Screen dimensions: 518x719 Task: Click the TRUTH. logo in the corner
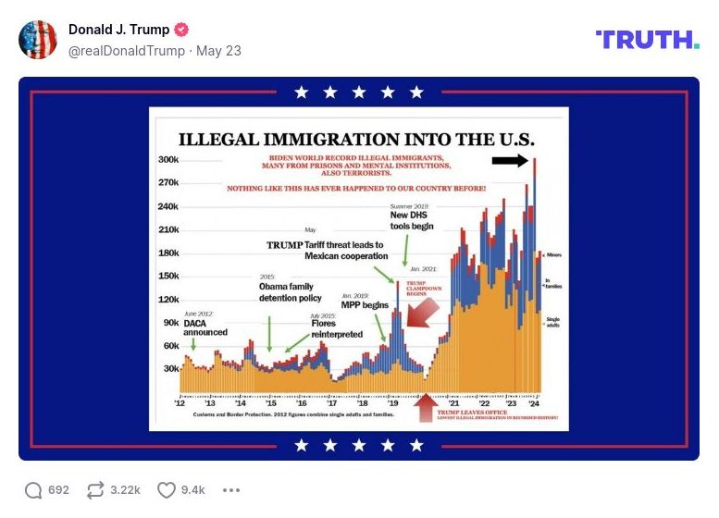(647, 39)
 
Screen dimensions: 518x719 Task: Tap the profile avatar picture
(38, 40)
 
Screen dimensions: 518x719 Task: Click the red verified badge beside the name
(183, 30)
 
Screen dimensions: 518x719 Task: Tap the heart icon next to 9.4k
(166, 489)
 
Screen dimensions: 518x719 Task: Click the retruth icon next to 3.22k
(95, 489)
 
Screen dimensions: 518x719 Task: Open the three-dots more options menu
(231, 490)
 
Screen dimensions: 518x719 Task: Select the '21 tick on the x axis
(454, 404)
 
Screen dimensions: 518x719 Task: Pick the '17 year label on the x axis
(331, 404)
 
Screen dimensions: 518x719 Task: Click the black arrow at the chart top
(510, 161)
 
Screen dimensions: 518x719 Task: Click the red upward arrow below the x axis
(426, 407)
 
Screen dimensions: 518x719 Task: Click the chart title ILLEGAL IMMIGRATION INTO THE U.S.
(356, 140)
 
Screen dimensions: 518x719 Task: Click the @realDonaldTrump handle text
(126, 51)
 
